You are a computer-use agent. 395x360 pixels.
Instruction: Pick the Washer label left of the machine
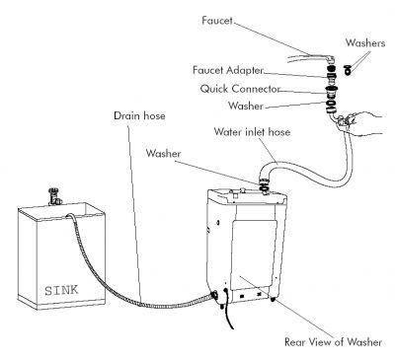coord(165,155)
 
